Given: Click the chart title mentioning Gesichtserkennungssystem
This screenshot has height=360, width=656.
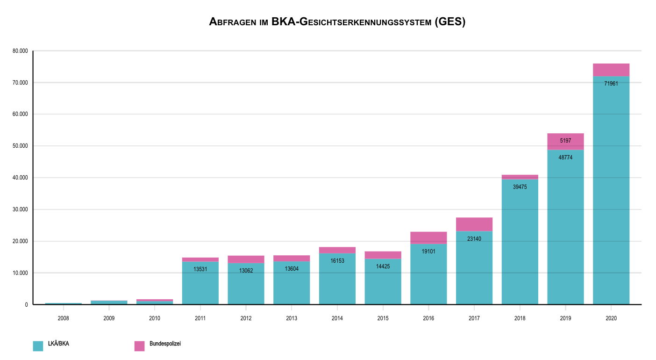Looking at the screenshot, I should (x=337, y=22).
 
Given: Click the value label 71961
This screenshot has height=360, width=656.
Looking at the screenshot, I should (x=611, y=84).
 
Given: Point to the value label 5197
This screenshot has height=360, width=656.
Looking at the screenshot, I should (x=565, y=140).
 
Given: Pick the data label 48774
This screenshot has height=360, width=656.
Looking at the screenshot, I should (x=565, y=158).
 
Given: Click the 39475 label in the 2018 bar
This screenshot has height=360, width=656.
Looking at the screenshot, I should (x=520, y=187).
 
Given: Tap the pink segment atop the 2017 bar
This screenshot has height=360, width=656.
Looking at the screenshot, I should (x=474, y=224).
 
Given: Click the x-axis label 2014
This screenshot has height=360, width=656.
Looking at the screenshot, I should (x=337, y=318).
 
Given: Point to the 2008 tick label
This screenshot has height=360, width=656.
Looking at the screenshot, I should (x=64, y=318).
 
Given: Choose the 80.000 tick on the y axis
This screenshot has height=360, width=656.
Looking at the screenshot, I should (x=21, y=51).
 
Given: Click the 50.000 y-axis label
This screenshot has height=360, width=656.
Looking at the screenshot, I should (x=21, y=146).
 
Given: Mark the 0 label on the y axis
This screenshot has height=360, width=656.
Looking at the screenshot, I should (x=26, y=305).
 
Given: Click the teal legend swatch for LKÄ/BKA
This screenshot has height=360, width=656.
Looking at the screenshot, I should (x=38, y=346).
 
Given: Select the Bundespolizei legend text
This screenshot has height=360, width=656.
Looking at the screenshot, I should (x=165, y=344).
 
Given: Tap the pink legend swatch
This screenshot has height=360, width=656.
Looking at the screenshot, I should (x=139, y=346).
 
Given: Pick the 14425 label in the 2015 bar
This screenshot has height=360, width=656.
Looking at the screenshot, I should (x=383, y=266).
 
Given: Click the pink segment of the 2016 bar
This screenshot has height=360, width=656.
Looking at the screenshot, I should (x=428, y=238).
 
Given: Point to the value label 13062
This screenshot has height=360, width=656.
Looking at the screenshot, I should (x=246, y=271).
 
